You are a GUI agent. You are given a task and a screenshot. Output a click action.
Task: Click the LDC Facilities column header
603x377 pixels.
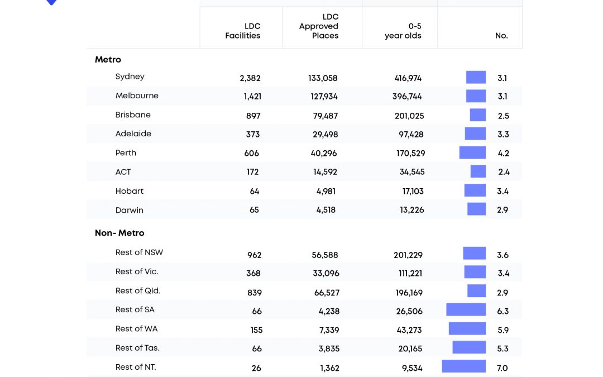tap(243, 31)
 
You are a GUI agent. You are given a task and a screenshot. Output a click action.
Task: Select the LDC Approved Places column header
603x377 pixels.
tap(319, 26)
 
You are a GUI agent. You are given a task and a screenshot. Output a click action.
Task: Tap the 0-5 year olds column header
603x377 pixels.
tap(403, 31)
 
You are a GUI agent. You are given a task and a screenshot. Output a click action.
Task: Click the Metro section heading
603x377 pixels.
tap(108, 60)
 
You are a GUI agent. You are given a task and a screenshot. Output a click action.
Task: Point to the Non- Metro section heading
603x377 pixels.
tap(119, 233)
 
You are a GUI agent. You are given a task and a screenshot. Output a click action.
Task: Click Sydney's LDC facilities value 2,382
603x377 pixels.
tap(250, 78)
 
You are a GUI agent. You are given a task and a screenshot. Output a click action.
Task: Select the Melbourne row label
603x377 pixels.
tap(137, 96)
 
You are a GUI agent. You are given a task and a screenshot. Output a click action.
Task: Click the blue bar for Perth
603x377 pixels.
tap(472, 152)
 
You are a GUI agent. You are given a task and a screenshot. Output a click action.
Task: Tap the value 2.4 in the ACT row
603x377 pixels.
tap(504, 172)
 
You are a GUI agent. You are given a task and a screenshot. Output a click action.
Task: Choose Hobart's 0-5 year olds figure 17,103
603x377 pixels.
tap(413, 191)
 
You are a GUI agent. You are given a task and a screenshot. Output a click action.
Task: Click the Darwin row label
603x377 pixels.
tap(130, 210)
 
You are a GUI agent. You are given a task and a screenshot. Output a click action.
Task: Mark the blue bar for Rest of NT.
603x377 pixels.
tap(463, 366)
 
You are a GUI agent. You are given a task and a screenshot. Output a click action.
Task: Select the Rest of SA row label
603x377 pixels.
tap(135, 309)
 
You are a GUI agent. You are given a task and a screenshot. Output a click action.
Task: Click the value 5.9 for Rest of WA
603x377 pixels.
tap(503, 330)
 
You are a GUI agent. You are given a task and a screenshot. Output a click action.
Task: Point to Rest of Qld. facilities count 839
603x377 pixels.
tap(254, 293)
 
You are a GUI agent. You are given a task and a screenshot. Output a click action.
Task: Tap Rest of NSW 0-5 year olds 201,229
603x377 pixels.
tap(408, 255)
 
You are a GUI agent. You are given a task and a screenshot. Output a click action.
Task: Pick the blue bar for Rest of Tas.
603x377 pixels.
tap(469, 347)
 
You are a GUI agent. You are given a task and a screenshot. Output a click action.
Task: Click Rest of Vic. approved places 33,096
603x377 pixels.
tap(326, 273)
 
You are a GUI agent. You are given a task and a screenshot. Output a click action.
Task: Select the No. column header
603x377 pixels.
tap(501, 36)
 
